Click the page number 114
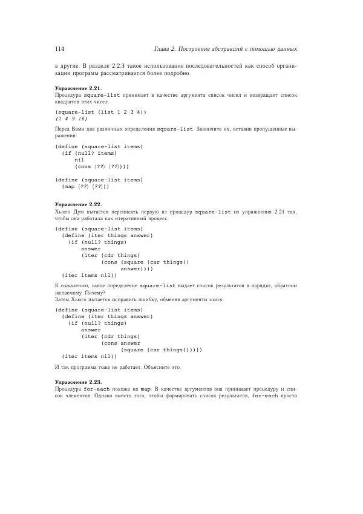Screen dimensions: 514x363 coord(59,48)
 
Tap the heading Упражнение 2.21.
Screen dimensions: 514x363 coord(78,88)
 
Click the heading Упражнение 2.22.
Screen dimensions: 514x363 coord(78,204)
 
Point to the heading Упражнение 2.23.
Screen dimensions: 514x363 coord(78,383)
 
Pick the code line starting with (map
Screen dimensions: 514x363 coord(85,186)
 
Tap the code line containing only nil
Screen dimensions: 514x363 coord(79,160)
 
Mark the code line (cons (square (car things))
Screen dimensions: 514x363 coord(145,262)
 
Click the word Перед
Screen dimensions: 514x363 coord(63,129)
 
